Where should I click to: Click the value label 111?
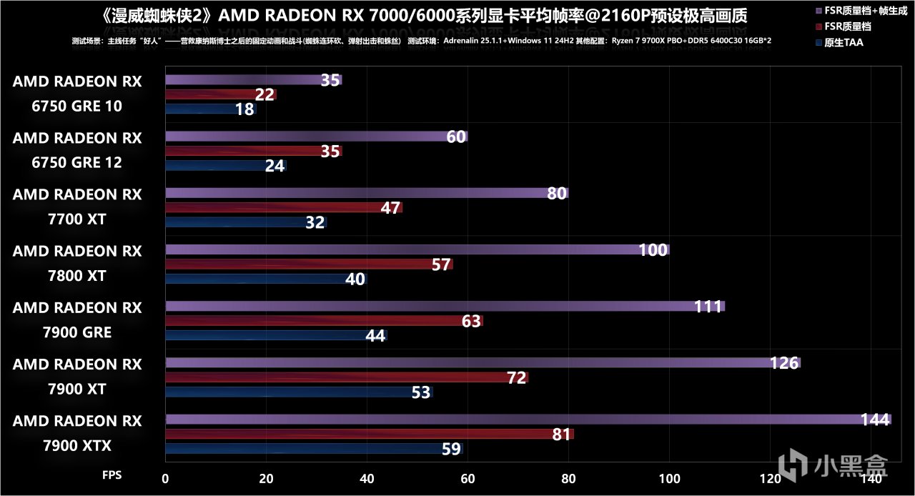coord(707,307)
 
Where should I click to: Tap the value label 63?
coord(471,321)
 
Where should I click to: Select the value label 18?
coord(244,109)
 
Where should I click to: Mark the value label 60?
coord(456,137)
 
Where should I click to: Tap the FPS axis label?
coord(112,475)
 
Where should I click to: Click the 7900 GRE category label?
coord(76,332)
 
